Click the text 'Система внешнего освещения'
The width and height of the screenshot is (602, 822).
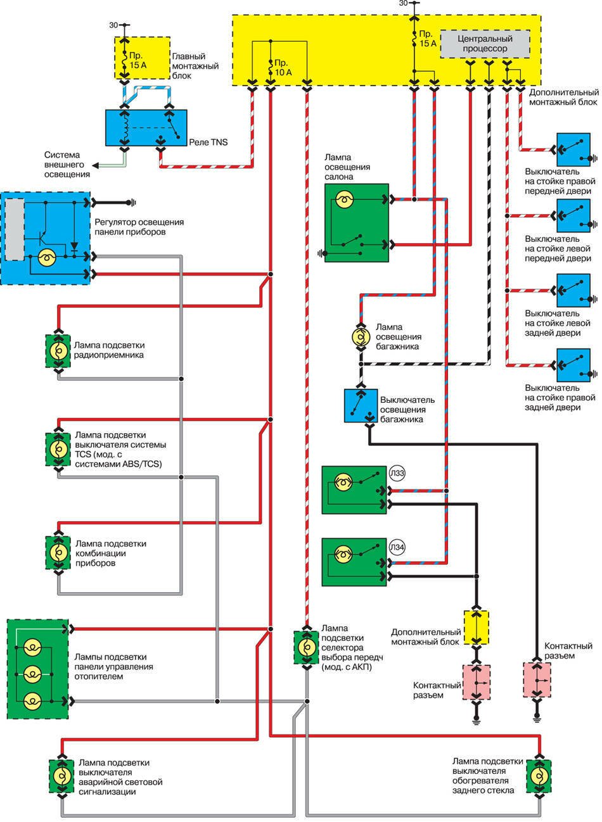(x=67, y=164)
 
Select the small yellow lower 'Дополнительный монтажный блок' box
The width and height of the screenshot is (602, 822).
(x=477, y=627)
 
